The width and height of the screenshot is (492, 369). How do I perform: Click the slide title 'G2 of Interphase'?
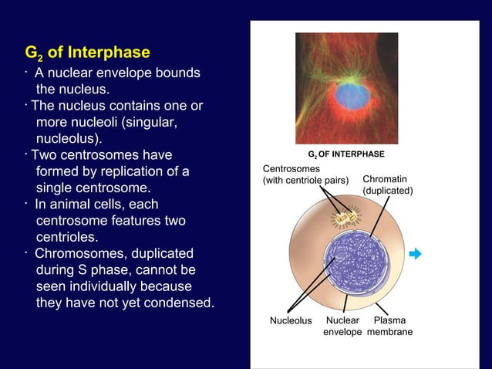pyautogui.click(x=87, y=53)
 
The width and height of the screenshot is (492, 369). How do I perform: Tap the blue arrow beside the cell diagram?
pyautogui.click(x=416, y=254)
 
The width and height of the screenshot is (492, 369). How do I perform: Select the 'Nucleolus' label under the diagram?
pyautogui.click(x=291, y=320)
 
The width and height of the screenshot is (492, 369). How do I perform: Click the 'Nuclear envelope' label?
pyautogui.click(x=342, y=326)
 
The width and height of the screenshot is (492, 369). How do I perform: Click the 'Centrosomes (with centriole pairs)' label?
pyautogui.click(x=305, y=174)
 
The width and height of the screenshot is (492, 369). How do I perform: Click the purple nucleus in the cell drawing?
pyautogui.click(x=345, y=262)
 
